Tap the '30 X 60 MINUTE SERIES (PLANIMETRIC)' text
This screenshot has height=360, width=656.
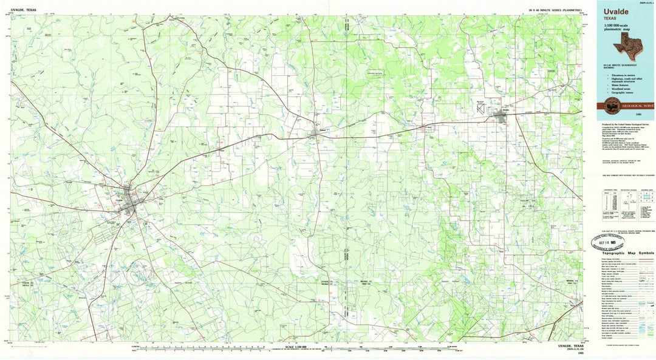click(555, 10)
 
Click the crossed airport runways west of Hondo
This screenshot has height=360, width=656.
click(482, 107)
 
